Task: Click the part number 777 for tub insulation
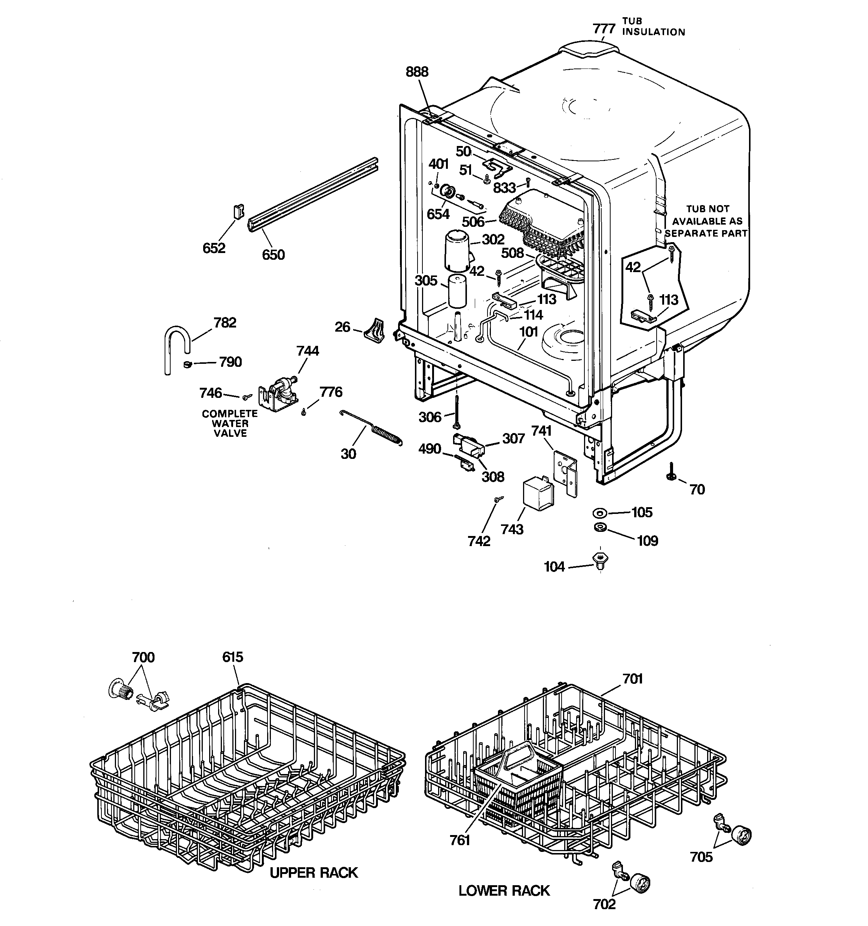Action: click(604, 29)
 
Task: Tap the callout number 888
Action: click(417, 72)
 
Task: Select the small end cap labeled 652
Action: click(238, 212)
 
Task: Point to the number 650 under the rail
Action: click(273, 255)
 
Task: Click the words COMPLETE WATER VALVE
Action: click(230, 423)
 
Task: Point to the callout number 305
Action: click(426, 280)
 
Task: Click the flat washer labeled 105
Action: click(599, 513)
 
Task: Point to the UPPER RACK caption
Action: click(314, 872)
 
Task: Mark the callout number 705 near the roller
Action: click(701, 857)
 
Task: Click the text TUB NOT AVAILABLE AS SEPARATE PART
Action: click(707, 221)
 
